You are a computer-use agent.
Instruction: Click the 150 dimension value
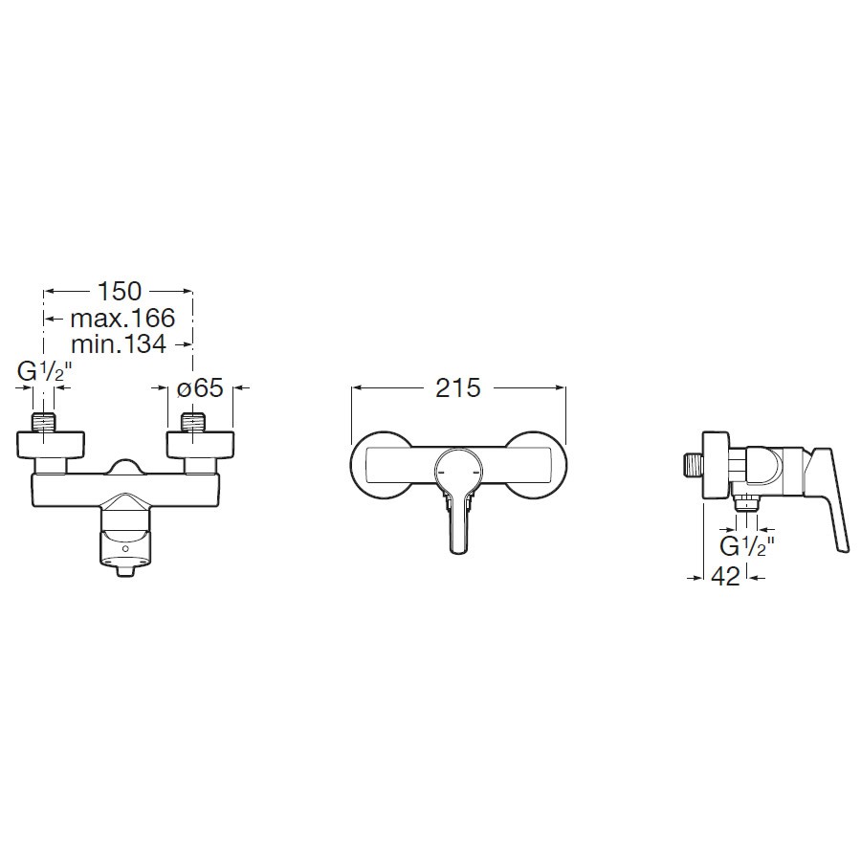[x=119, y=291]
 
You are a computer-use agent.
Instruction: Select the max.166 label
[x=122, y=318]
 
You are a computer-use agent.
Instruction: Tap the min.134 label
[x=118, y=343]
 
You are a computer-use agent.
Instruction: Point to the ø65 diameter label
[x=200, y=388]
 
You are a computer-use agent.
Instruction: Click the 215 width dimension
[x=458, y=388]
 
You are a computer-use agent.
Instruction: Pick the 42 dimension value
[x=725, y=577]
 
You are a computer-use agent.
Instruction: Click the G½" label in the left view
[x=45, y=372]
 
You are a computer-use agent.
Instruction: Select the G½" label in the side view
[x=747, y=546]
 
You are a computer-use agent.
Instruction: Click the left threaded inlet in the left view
[x=43, y=422]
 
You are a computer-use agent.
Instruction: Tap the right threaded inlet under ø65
[x=192, y=422]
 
